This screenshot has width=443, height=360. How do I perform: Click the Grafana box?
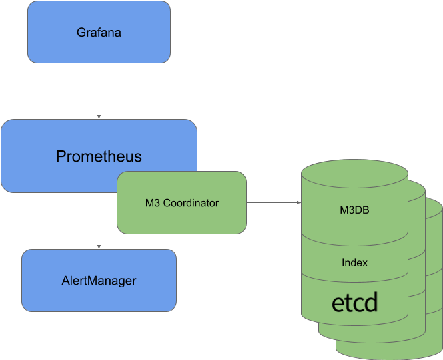pos(99,32)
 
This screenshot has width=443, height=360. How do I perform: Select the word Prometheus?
pos(99,157)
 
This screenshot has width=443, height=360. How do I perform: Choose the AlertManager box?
pos(99,280)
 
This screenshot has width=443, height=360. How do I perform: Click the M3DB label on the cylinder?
pos(354,211)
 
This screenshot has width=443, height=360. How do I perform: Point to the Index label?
pos(354,262)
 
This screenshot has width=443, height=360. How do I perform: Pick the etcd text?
pos(354,303)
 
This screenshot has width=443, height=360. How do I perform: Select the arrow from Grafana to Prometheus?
pos(99,90)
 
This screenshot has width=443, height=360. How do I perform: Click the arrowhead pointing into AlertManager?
pos(99,246)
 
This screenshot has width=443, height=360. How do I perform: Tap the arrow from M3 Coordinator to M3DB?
pos(273,202)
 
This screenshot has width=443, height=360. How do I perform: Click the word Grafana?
pos(99,32)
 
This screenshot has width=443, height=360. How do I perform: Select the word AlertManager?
pos(99,280)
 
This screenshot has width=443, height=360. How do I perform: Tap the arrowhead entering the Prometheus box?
pos(99,116)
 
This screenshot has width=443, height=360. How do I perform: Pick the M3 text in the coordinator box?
pos(153,202)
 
